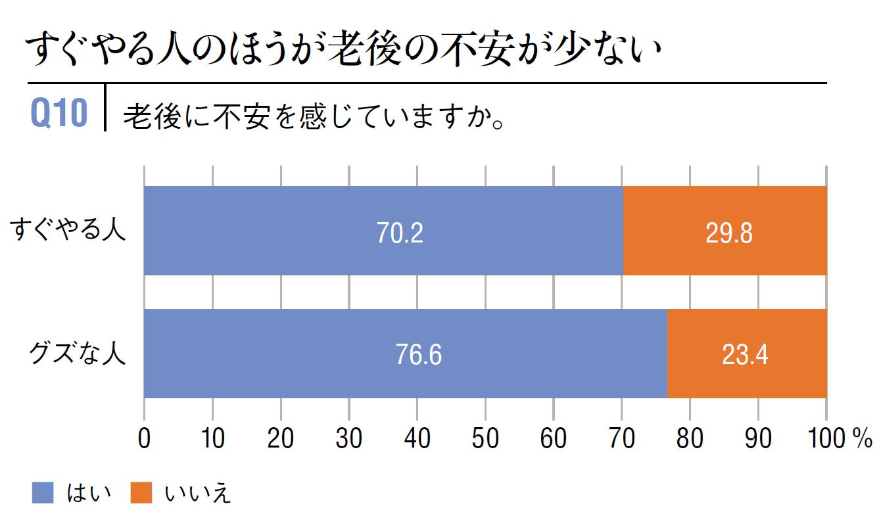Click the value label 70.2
click(x=400, y=233)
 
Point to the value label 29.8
click(x=728, y=233)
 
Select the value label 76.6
click(x=418, y=356)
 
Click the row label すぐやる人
click(x=68, y=231)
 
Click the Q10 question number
click(x=59, y=113)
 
